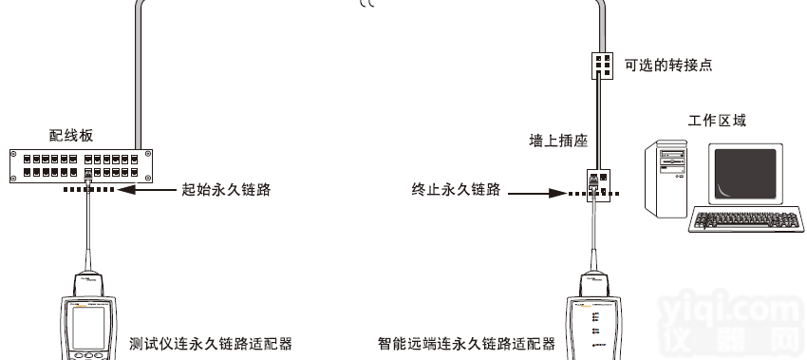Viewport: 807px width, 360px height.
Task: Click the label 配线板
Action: [x=70, y=136]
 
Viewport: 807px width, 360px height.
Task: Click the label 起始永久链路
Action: [x=226, y=190]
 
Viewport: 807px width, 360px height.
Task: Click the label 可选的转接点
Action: [x=668, y=65]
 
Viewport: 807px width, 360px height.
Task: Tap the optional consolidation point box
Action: [x=601, y=65]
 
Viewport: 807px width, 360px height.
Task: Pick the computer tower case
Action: [x=666, y=180]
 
